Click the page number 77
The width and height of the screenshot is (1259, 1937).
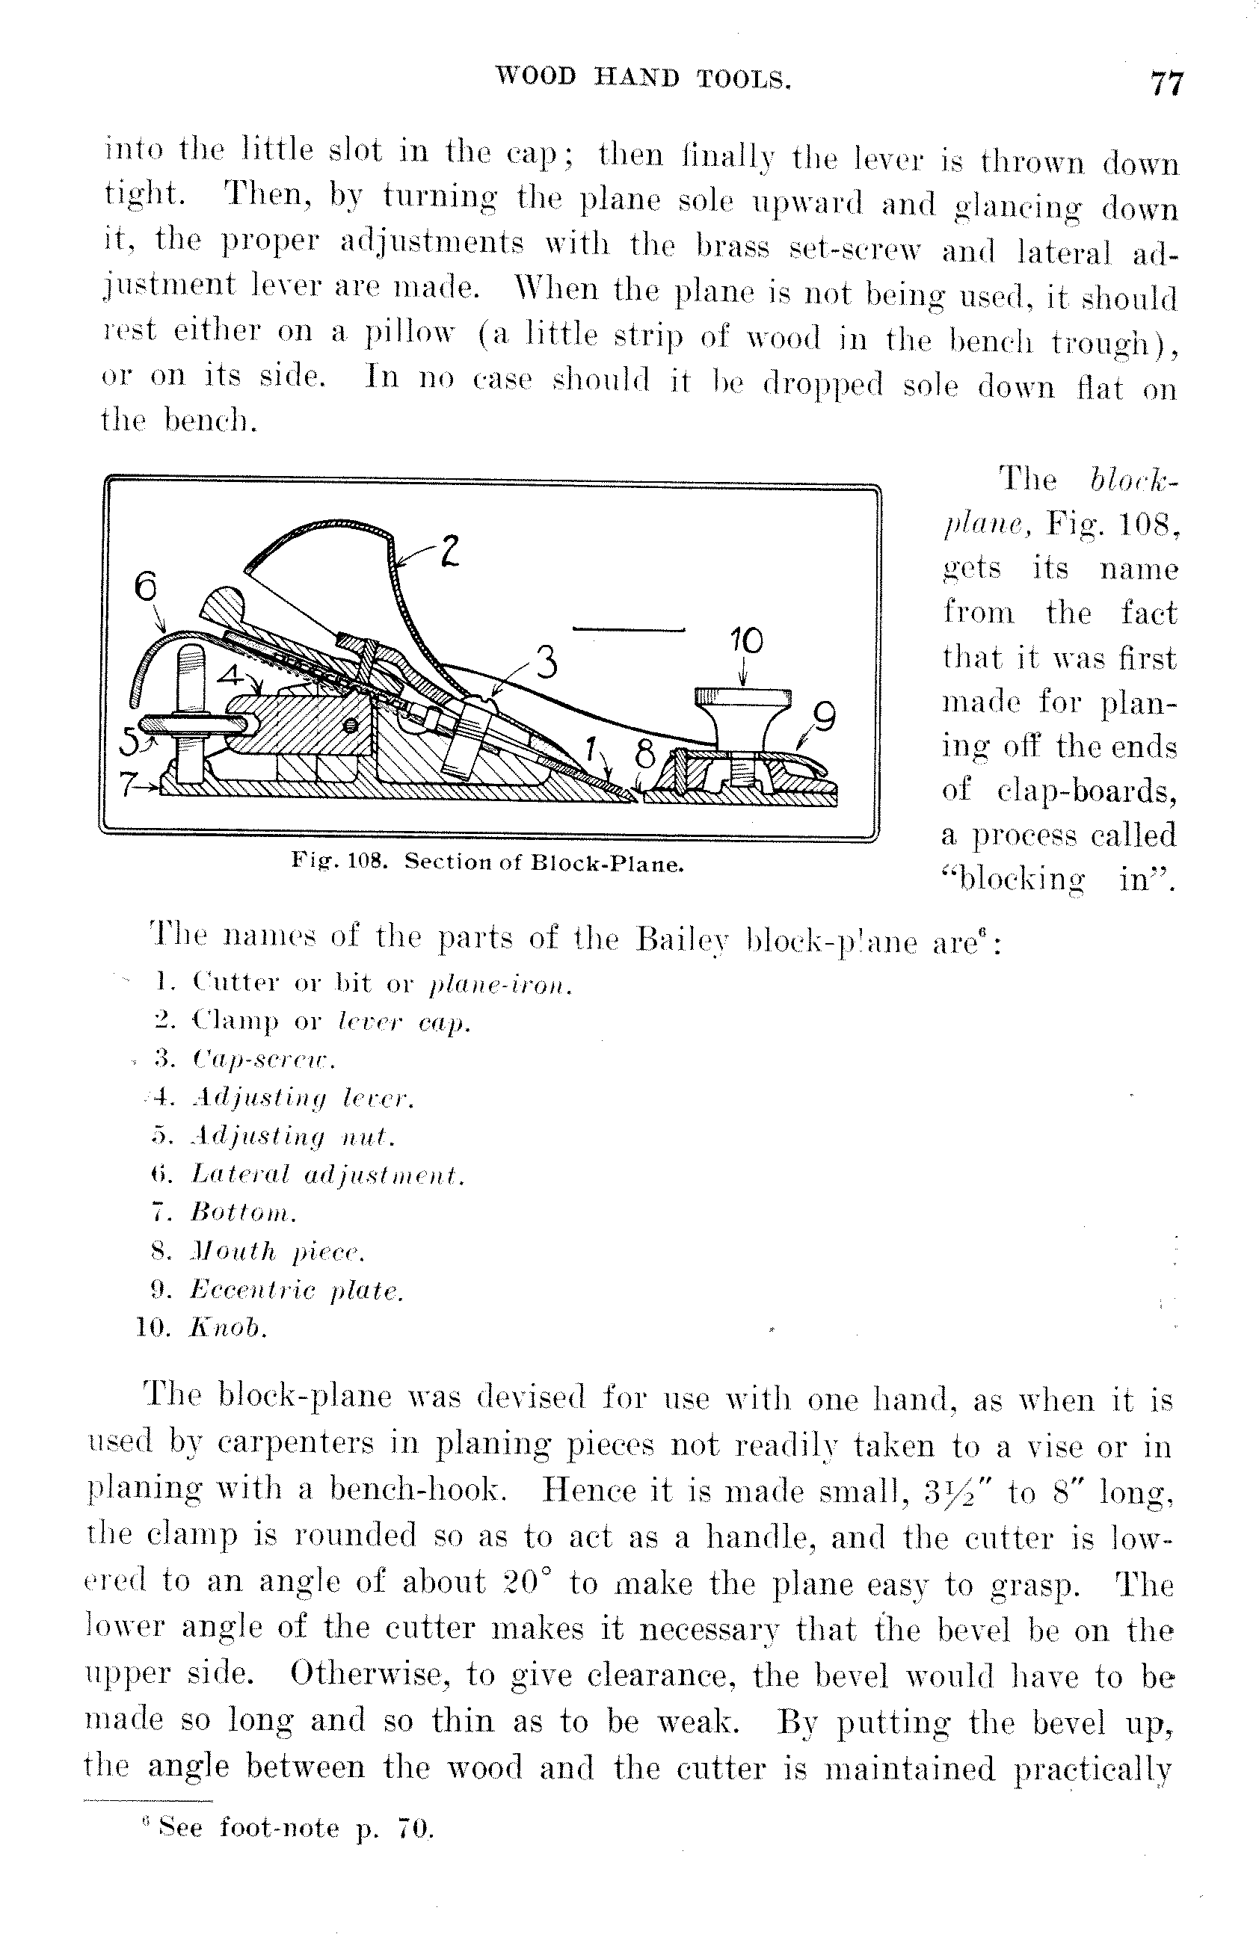pyautogui.click(x=1166, y=83)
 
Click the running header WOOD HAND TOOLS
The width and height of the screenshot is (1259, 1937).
pyautogui.click(x=644, y=78)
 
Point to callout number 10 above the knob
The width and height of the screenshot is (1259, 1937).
pyautogui.click(x=747, y=642)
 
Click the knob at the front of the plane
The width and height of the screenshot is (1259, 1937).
pyautogui.click(x=742, y=715)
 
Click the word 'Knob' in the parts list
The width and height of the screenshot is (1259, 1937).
pyautogui.click(x=228, y=1328)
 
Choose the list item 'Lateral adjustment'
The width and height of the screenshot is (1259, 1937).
pyautogui.click(x=327, y=1176)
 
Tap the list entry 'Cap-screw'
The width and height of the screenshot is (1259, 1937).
pyautogui.click(x=263, y=1060)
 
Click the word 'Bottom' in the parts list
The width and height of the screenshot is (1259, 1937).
pyautogui.click(x=243, y=1214)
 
